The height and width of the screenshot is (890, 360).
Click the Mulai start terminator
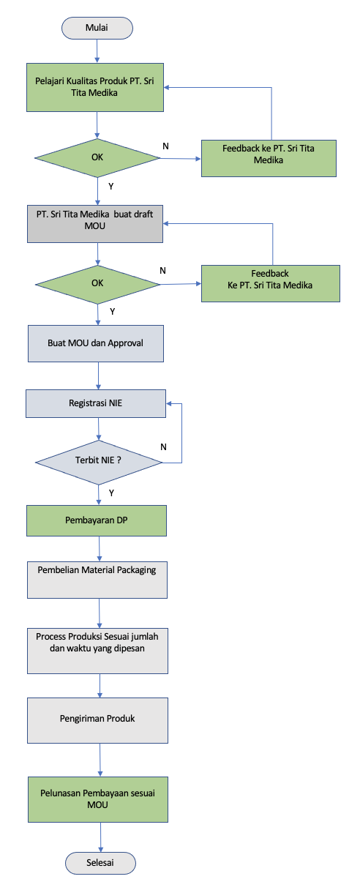pos(97,28)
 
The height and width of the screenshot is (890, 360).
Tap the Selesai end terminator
pos(100,863)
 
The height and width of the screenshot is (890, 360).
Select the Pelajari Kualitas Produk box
pos(95,87)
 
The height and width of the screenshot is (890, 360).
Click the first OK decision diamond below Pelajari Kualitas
pos(97,158)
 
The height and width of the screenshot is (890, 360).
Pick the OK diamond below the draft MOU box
pos(97,285)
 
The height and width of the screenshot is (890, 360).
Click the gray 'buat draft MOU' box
pos(95,224)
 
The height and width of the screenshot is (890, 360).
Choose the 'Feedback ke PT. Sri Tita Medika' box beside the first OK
pos(269,158)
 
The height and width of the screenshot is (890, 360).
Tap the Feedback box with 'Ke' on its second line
pos(271,283)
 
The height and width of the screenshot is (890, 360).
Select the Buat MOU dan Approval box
pos(96,344)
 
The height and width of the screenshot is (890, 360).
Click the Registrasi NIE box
pos(96,404)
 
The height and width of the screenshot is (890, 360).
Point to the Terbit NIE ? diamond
pos(99,463)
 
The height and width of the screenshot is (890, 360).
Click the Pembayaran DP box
pos(97,521)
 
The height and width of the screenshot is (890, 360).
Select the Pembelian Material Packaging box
pos(97,580)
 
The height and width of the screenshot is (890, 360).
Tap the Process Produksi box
pos(98,651)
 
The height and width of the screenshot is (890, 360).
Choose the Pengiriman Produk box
pos(98,720)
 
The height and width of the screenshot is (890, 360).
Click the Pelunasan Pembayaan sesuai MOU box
pos(98,799)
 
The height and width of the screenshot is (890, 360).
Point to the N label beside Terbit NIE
pos(163,447)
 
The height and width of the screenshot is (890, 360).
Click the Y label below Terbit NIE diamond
pos(111,493)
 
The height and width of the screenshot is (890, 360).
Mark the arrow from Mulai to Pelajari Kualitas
pos(97,51)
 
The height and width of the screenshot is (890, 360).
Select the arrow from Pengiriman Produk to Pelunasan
pos(100,760)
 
